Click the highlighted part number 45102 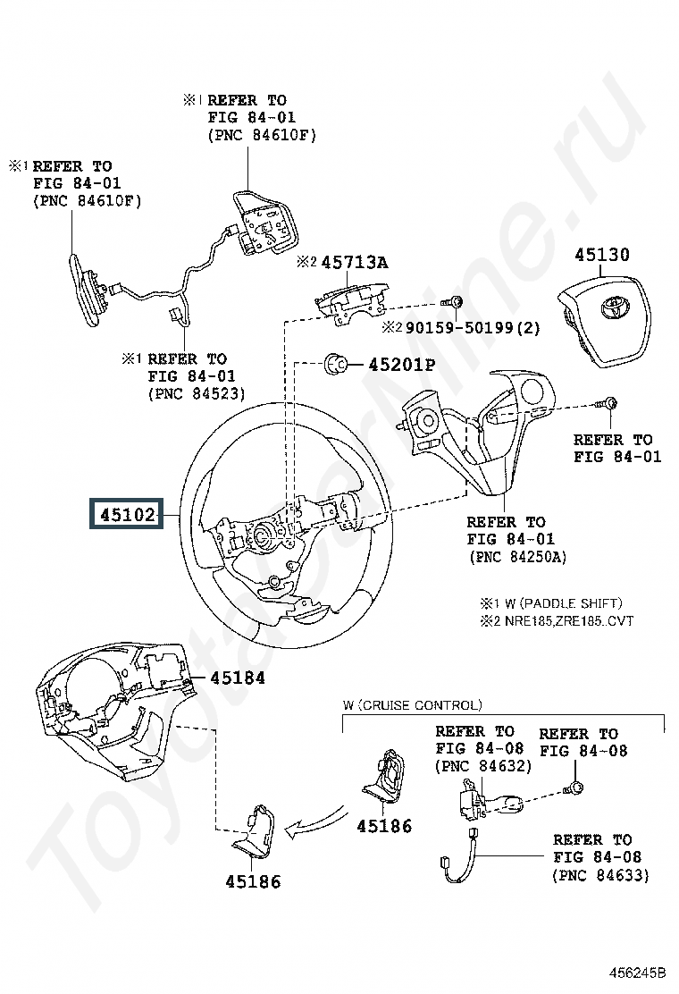125,516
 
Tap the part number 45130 601,255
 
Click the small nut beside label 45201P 337,363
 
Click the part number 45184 239,678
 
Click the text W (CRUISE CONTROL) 412,705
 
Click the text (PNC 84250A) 516,557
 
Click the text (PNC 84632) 483,766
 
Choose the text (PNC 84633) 601,874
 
